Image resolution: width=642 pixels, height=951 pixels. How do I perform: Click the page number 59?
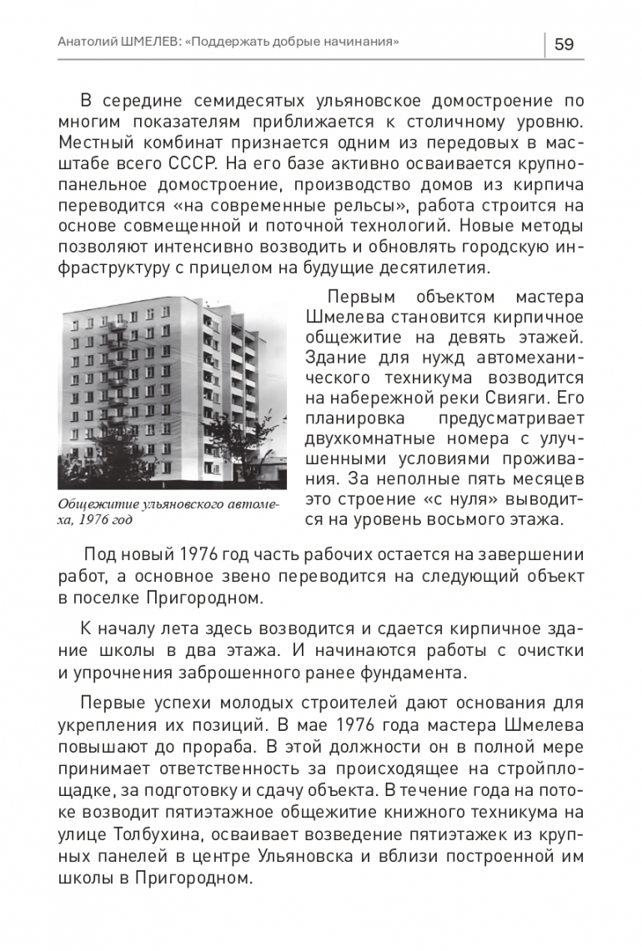[564, 44]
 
